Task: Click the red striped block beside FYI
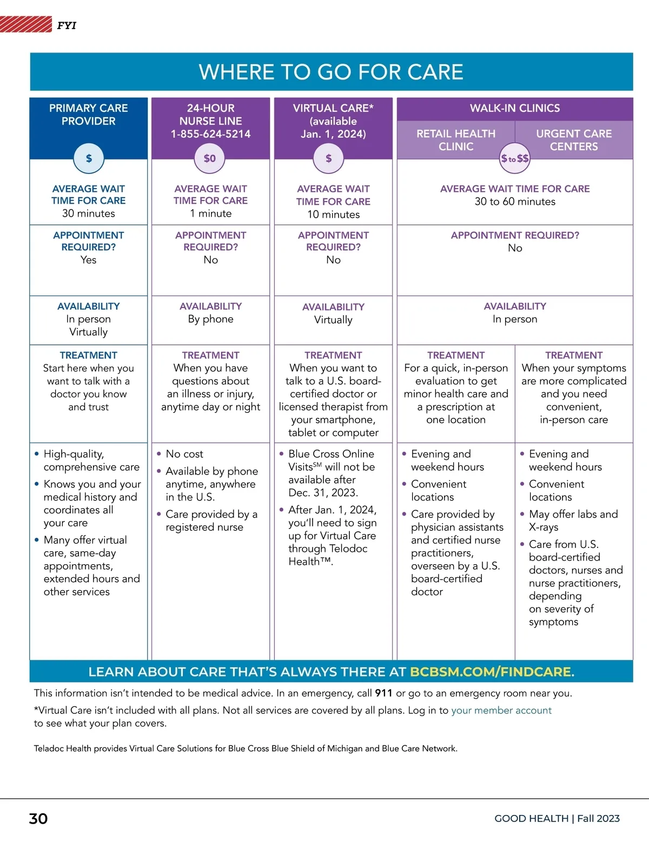point(25,24)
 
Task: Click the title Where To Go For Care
point(331,72)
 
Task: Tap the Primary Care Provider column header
point(88,115)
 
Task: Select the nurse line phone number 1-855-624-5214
point(210,134)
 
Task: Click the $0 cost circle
point(210,158)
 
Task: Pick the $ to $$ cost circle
point(515,158)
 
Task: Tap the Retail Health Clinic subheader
point(456,140)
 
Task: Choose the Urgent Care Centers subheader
point(574,140)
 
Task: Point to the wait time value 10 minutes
point(333,214)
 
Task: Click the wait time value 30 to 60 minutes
point(515,202)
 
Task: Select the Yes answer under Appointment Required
point(88,259)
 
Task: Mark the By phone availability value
point(210,319)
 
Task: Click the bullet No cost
point(184,454)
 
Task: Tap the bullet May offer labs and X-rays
point(573,520)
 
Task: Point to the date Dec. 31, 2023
point(323,492)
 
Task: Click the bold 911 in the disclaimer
point(383,693)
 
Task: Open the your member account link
point(501,710)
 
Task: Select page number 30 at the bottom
point(38,819)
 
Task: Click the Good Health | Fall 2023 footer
point(557,818)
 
